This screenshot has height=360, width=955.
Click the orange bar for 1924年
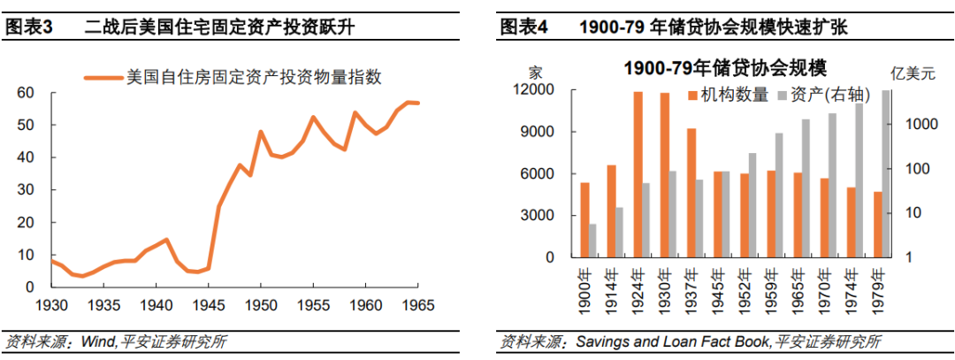[638, 174]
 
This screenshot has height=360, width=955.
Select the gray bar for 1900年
[592, 241]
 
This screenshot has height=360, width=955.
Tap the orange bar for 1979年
[877, 225]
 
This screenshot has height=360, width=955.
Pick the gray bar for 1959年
[779, 195]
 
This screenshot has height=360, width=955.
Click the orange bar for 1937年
[691, 193]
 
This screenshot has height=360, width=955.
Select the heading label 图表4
[524, 27]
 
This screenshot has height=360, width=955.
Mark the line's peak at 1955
[313, 117]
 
